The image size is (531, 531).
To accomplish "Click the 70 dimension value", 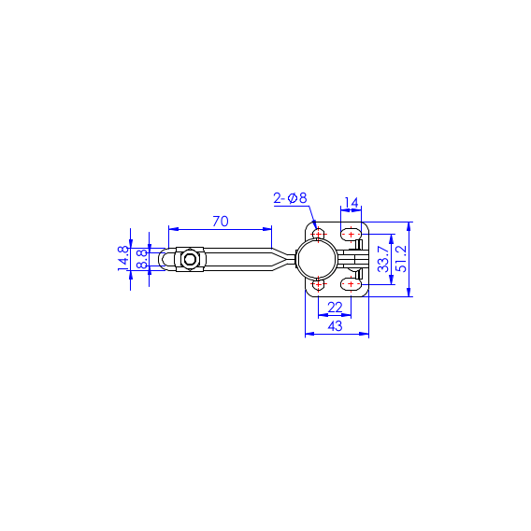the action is pos(221,222).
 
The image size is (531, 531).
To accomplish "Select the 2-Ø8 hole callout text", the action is pos(290,198).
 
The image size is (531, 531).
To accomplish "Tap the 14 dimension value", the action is pos(352,203).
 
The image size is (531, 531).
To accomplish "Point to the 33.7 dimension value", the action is pos(383,259).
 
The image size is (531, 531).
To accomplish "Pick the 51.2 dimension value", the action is pos(402,259).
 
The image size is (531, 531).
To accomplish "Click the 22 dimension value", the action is pos(335,308).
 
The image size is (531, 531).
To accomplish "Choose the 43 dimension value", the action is pos(336,326).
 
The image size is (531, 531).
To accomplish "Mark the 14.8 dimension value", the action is pos(123,258).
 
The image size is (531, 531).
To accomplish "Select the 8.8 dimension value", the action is pos(142,259).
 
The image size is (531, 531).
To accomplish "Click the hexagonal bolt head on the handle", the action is pos(190,259).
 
